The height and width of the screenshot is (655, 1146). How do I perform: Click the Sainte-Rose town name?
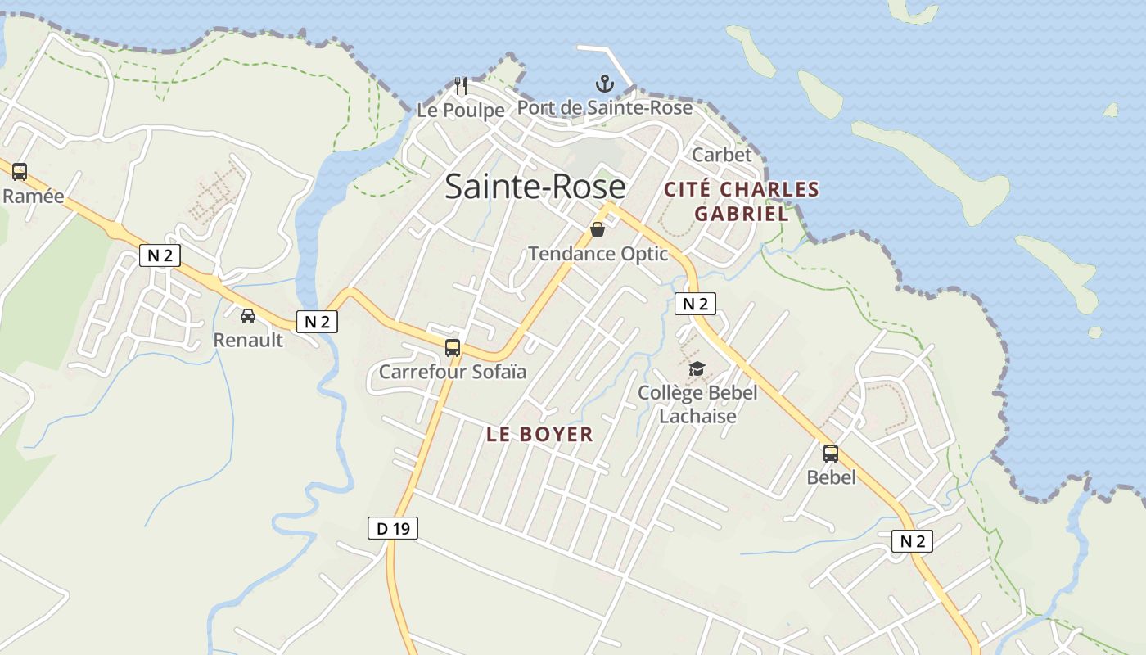tap(535, 187)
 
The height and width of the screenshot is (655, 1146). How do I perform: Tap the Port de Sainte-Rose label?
tap(604, 107)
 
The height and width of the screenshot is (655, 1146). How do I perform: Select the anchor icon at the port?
tap(604, 84)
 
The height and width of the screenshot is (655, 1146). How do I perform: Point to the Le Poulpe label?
tap(460, 110)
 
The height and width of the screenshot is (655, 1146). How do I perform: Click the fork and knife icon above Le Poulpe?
tap(461, 85)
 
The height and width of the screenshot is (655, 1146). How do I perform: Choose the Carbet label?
tap(721, 155)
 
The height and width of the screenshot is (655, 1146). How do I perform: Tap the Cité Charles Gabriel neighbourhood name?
tap(742, 201)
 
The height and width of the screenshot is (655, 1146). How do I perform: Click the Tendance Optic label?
tap(598, 254)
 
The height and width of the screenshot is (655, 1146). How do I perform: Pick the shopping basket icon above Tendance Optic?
tap(598, 230)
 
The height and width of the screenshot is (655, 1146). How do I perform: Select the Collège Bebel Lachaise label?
tap(697, 404)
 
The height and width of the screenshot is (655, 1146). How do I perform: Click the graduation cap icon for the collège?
tap(697, 369)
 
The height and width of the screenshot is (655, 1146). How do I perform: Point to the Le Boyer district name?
tap(539, 435)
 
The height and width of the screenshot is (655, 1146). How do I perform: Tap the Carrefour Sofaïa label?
tap(452, 372)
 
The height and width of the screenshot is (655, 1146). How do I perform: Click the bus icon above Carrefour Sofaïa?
tap(453, 347)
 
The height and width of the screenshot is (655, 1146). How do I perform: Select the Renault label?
tap(248, 340)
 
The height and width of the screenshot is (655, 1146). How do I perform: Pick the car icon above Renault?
tap(247, 316)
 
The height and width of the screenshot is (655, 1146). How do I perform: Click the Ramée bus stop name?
tap(34, 196)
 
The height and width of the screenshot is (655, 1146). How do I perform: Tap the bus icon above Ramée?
tap(20, 172)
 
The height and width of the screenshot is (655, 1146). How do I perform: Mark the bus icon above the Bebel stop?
tap(831, 453)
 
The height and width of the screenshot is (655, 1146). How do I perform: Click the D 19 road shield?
tap(392, 528)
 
